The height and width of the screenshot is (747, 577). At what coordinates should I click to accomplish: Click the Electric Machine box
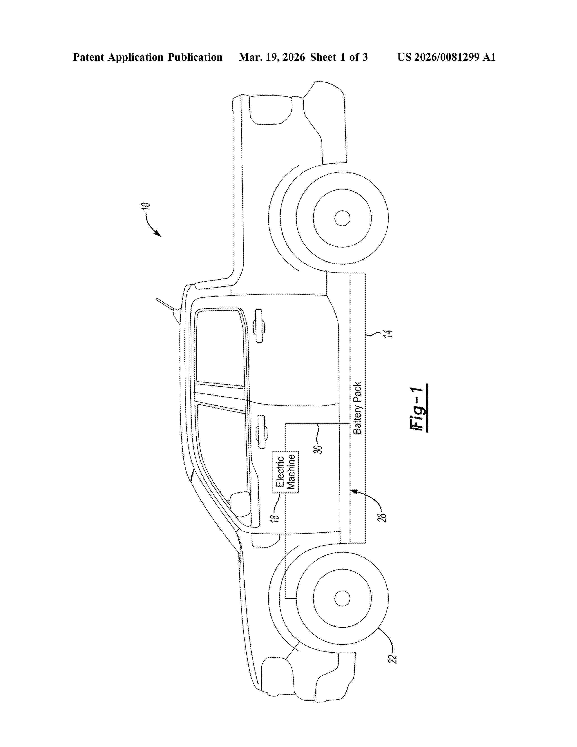coord(285,472)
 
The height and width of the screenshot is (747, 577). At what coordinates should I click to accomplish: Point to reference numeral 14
coord(387,333)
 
